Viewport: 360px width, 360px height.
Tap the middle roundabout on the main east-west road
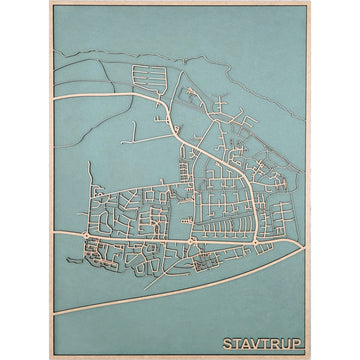click(x=191, y=242)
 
